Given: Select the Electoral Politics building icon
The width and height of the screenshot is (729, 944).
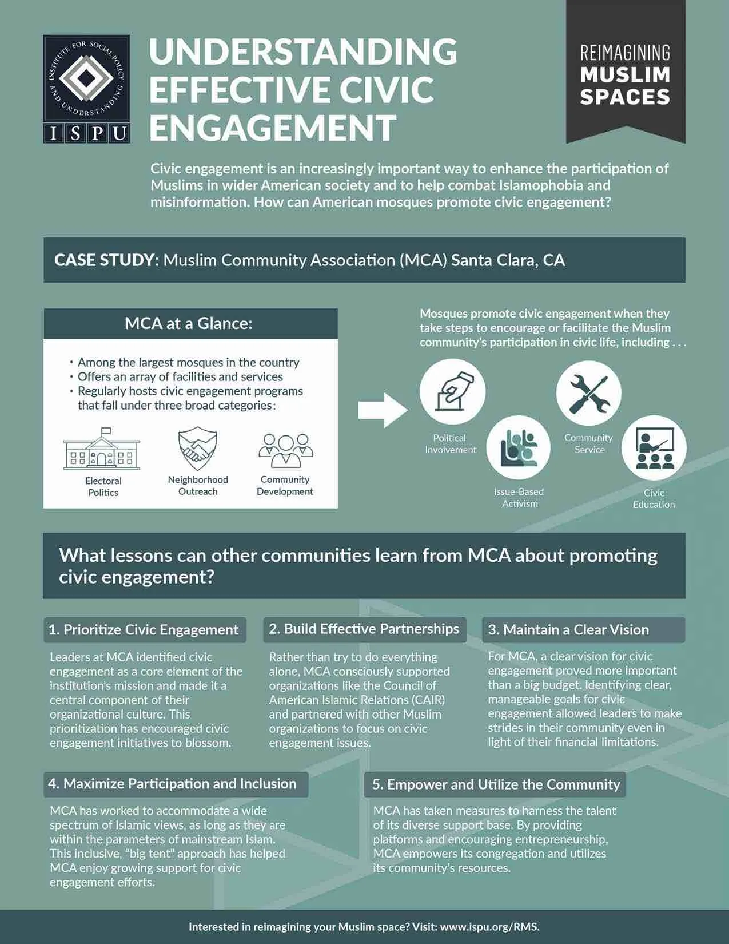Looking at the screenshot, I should click(x=102, y=449).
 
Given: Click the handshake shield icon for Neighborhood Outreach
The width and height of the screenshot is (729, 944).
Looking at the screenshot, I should click(x=198, y=448).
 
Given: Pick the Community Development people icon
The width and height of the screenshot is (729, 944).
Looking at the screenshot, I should click(x=285, y=450).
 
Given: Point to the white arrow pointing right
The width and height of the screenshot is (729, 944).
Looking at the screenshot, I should click(x=382, y=410).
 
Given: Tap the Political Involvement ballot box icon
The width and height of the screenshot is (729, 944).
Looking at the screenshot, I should click(x=452, y=391).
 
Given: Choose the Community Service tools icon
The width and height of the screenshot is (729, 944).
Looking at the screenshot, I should click(x=588, y=393).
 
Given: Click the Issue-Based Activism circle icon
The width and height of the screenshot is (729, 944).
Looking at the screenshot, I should click(x=519, y=447).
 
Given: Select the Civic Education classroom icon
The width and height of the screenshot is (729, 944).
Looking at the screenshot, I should click(x=654, y=448).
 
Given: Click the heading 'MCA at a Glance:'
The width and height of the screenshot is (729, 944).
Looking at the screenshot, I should click(x=188, y=324).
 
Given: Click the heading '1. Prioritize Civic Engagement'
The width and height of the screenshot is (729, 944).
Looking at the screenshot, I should click(x=144, y=630).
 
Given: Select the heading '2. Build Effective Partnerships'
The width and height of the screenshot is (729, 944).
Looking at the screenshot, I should click(x=364, y=629).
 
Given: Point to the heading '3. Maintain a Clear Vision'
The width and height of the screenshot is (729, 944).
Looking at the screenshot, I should click(x=568, y=630).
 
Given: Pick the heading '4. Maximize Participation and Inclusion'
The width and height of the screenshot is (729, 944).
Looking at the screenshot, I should click(x=172, y=784).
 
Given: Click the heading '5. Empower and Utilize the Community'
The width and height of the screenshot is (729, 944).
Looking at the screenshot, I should click(x=496, y=784).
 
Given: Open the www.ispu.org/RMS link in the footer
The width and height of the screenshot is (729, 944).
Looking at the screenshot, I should click(x=489, y=927).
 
